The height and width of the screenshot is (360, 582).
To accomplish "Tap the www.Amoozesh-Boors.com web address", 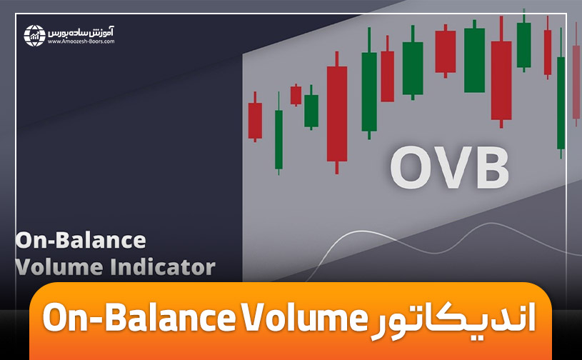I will [81, 42].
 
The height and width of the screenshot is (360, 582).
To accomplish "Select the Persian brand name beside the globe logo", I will [83, 31].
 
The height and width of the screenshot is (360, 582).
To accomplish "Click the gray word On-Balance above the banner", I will [80, 239].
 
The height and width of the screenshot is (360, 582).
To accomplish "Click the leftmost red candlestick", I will [255, 120].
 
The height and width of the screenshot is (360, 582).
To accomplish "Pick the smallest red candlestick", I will [296, 95].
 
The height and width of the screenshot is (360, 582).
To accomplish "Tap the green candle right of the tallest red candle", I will [368, 91].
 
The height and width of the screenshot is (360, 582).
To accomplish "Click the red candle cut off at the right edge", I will [576, 81].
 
